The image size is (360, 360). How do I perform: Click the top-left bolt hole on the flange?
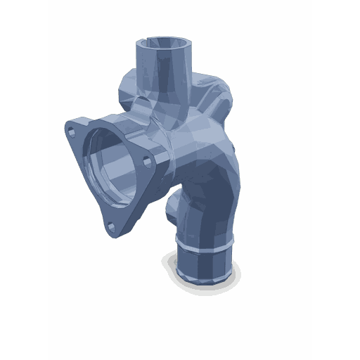click(72, 130)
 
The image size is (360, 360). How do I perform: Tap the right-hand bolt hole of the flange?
click(147, 162)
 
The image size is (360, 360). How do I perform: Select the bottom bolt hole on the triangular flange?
click(110, 226)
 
